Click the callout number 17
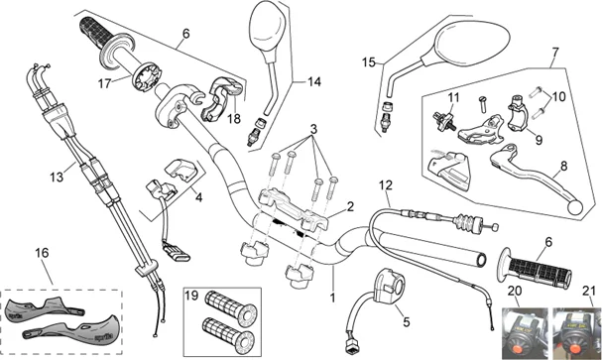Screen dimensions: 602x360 pos(104,83)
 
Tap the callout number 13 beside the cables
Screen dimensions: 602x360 pos(57,178)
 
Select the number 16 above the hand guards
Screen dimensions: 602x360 pos(42,253)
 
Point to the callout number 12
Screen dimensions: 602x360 pos(386,185)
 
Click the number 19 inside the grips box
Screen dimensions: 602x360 pos(191,296)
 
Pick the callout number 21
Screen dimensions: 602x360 pos(588,292)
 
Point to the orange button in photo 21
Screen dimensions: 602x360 pos(575,348)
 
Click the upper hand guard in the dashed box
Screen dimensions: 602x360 pos(45,307)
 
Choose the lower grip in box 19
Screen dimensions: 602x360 pos(228,335)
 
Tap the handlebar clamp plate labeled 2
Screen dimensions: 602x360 pos(294,210)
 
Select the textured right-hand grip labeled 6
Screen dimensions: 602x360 pos(535,269)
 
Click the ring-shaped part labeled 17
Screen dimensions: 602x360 pos(147,76)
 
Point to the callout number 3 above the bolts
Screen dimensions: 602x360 pos(313,130)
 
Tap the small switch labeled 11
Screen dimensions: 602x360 pos(444,120)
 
